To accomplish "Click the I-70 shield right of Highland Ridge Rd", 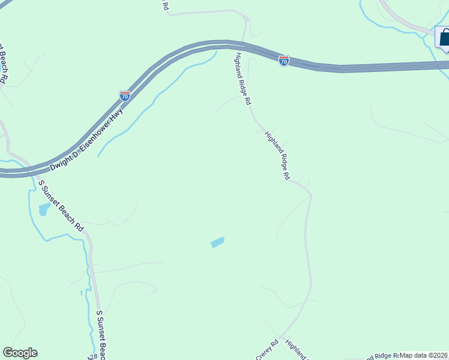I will click(x=283, y=61).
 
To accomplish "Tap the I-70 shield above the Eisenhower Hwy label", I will click(x=124, y=96).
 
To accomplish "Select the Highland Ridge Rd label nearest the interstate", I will click(x=242, y=78).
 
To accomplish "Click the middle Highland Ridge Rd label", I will click(x=277, y=156).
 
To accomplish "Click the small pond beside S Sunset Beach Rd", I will click(x=44, y=209).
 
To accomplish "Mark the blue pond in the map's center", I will click(x=217, y=242).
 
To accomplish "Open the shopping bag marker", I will click(x=445, y=38).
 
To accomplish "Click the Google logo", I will click(x=20, y=353).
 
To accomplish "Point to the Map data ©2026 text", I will click(x=424, y=355).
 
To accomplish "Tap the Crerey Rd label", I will click(x=267, y=350).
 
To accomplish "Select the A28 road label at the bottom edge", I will click(x=92, y=356).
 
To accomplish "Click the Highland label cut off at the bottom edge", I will click(x=296, y=350).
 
